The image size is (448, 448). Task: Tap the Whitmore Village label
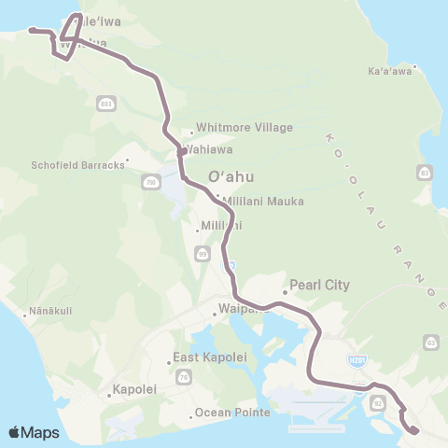[x=244, y=128]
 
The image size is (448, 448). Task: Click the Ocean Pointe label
[x=232, y=413]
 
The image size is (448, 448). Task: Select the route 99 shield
[x=203, y=253]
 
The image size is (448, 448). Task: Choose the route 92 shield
[x=378, y=403]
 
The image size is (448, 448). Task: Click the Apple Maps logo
[x=34, y=432]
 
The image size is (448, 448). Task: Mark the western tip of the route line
[x=31, y=30]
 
